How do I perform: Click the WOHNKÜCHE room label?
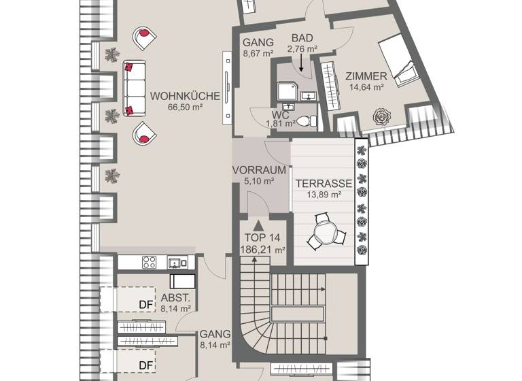(185, 96)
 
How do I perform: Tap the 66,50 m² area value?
(185, 107)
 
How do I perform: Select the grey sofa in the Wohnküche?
(134, 88)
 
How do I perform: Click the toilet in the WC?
(308, 121)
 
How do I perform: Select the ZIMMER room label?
(366, 76)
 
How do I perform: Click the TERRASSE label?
(323, 184)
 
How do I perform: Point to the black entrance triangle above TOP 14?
(258, 225)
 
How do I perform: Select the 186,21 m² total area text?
(262, 250)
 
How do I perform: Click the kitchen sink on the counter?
(175, 262)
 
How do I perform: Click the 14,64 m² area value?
(366, 86)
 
